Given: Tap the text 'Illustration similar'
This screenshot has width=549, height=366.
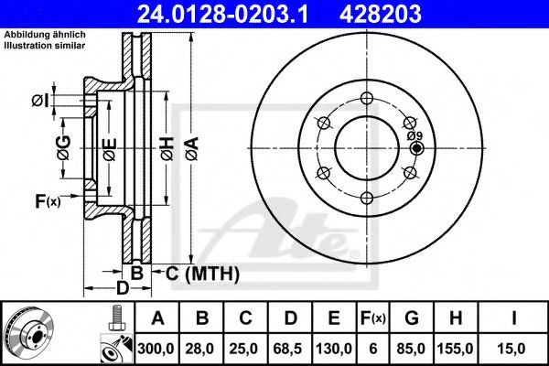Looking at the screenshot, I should (x=45, y=44).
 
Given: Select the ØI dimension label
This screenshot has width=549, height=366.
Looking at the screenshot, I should (x=40, y=99).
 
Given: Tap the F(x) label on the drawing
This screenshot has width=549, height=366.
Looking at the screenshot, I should (x=47, y=200).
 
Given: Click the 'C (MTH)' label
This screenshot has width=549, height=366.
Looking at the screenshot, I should (x=202, y=273).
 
